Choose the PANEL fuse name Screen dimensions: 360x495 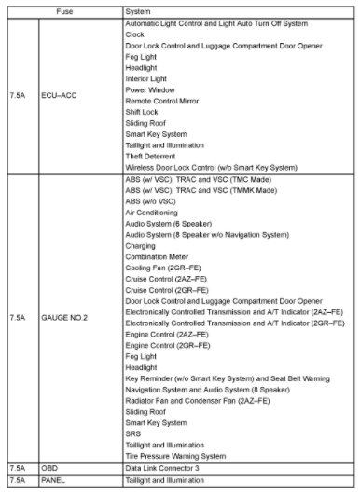pos(51,479)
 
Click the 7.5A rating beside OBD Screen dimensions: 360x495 pos(17,467)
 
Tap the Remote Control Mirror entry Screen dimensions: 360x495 pos(164,103)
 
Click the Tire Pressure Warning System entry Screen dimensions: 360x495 pos(175,456)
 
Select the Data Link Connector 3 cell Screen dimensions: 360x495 pos(168,467)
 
